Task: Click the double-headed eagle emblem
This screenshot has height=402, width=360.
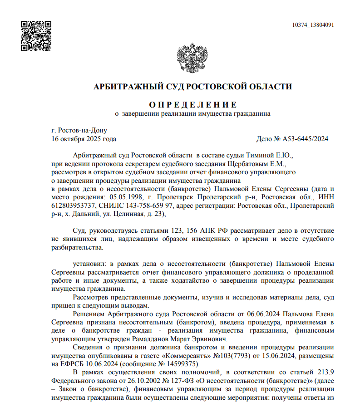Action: click(197, 58)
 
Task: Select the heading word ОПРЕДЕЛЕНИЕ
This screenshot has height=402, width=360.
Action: click(192, 104)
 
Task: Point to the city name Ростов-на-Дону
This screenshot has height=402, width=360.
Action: click(82, 131)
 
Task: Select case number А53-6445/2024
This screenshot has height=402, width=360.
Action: click(305, 139)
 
